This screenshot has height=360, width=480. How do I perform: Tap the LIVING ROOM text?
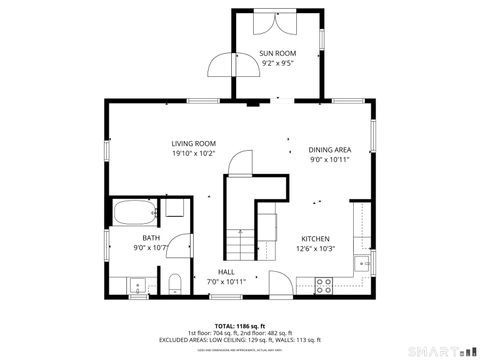[193, 143]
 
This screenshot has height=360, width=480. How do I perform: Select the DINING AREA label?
[329, 148]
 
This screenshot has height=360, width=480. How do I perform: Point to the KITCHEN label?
[316, 238]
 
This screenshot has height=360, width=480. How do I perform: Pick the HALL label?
[226, 271]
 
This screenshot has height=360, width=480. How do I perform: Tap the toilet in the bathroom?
[174, 283]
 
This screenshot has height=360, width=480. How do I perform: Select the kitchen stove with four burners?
[325, 285]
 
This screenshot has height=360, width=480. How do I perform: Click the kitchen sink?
[362, 264]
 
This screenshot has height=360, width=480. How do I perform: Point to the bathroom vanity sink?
[139, 287]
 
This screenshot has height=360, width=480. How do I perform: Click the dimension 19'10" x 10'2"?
[193, 154]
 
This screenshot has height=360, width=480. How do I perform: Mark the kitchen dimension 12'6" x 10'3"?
[316, 249]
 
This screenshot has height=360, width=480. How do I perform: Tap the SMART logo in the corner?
[440, 351]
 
